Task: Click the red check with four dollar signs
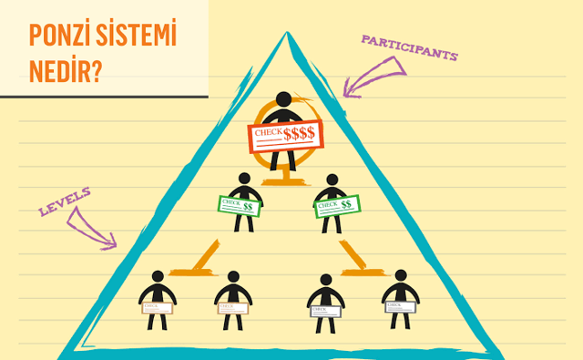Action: (x=283, y=134)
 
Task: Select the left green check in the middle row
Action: (x=240, y=206)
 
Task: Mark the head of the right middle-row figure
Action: (x=332, y=180)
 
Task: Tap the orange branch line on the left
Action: (x=204, y=259)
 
